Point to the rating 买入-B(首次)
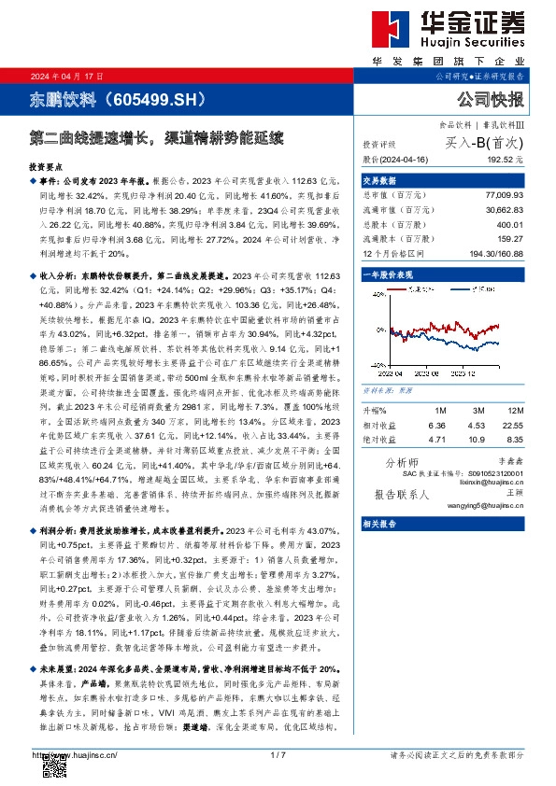481,146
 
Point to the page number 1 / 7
277,754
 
